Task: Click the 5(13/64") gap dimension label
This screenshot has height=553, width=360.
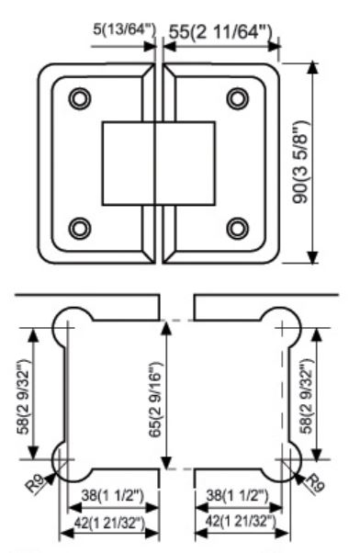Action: (x=124, y=30)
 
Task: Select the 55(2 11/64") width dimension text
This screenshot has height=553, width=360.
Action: (x=220, y=32)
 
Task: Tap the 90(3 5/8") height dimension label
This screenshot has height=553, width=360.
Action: (x=300, y=163)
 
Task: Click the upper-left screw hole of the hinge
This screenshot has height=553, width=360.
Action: (x=80, y=98)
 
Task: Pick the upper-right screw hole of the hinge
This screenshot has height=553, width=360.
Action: (x=238, y=98)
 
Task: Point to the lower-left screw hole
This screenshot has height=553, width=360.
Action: (x=80, y=228)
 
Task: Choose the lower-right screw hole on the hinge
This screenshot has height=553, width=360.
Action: (x=238, y=228)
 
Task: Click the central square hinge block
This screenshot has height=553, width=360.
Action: (x=159, y=164)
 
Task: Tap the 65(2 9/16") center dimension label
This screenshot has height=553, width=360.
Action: (x=155, y=400)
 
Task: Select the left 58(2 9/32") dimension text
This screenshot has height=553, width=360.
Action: (x=25, y=397)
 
